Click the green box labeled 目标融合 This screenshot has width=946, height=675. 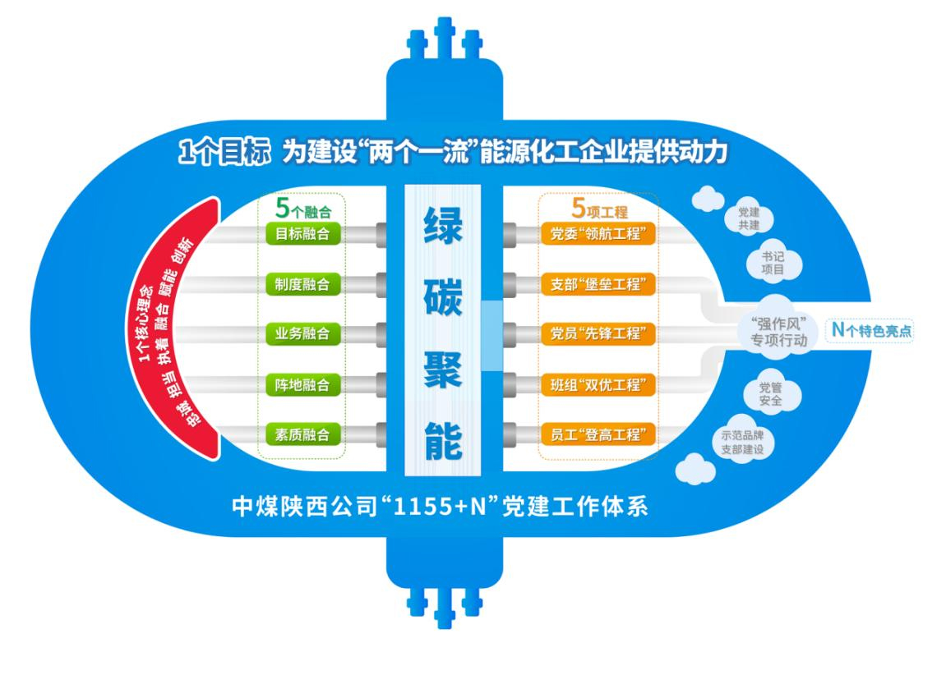click(x=302, y=234)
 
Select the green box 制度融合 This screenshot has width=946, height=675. click(x=302, y=284)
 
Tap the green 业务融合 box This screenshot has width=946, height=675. click(x=302, y=334)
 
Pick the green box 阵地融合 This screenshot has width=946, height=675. click(x=302, y=384)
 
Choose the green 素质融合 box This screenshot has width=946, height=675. click(x=302, y=434)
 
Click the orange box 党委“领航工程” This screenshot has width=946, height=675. click(x=599, y=234)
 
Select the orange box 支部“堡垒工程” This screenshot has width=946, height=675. click(x=599, y=284)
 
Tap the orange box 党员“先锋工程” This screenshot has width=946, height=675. click(x=599, y=334)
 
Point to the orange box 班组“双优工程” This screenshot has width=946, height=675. click(x=599, y=384)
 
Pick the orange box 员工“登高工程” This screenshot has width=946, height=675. click(x=599, y=434)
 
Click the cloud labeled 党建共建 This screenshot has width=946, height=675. click(x=749, y=219)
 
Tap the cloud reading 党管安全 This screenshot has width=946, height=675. click(x=770, y=393)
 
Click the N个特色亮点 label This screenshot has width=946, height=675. click(x=870, y=330)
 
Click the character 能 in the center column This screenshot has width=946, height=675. click(x=443, y=443)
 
